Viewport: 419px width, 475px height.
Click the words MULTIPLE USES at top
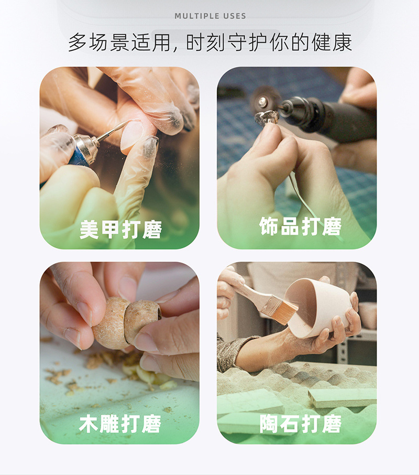[x=210, y=16]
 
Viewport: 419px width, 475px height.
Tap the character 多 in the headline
[x=78, y=42]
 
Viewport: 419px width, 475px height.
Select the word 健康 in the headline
[x=332, y=42]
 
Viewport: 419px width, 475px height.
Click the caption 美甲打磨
[x=120, y=229]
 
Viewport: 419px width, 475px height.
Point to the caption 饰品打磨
[x=301, y=226]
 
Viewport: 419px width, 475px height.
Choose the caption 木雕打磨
[x=120, y=424]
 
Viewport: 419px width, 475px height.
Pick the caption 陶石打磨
[x=301, y=424]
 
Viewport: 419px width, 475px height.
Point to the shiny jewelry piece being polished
[x=266, y=118]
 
